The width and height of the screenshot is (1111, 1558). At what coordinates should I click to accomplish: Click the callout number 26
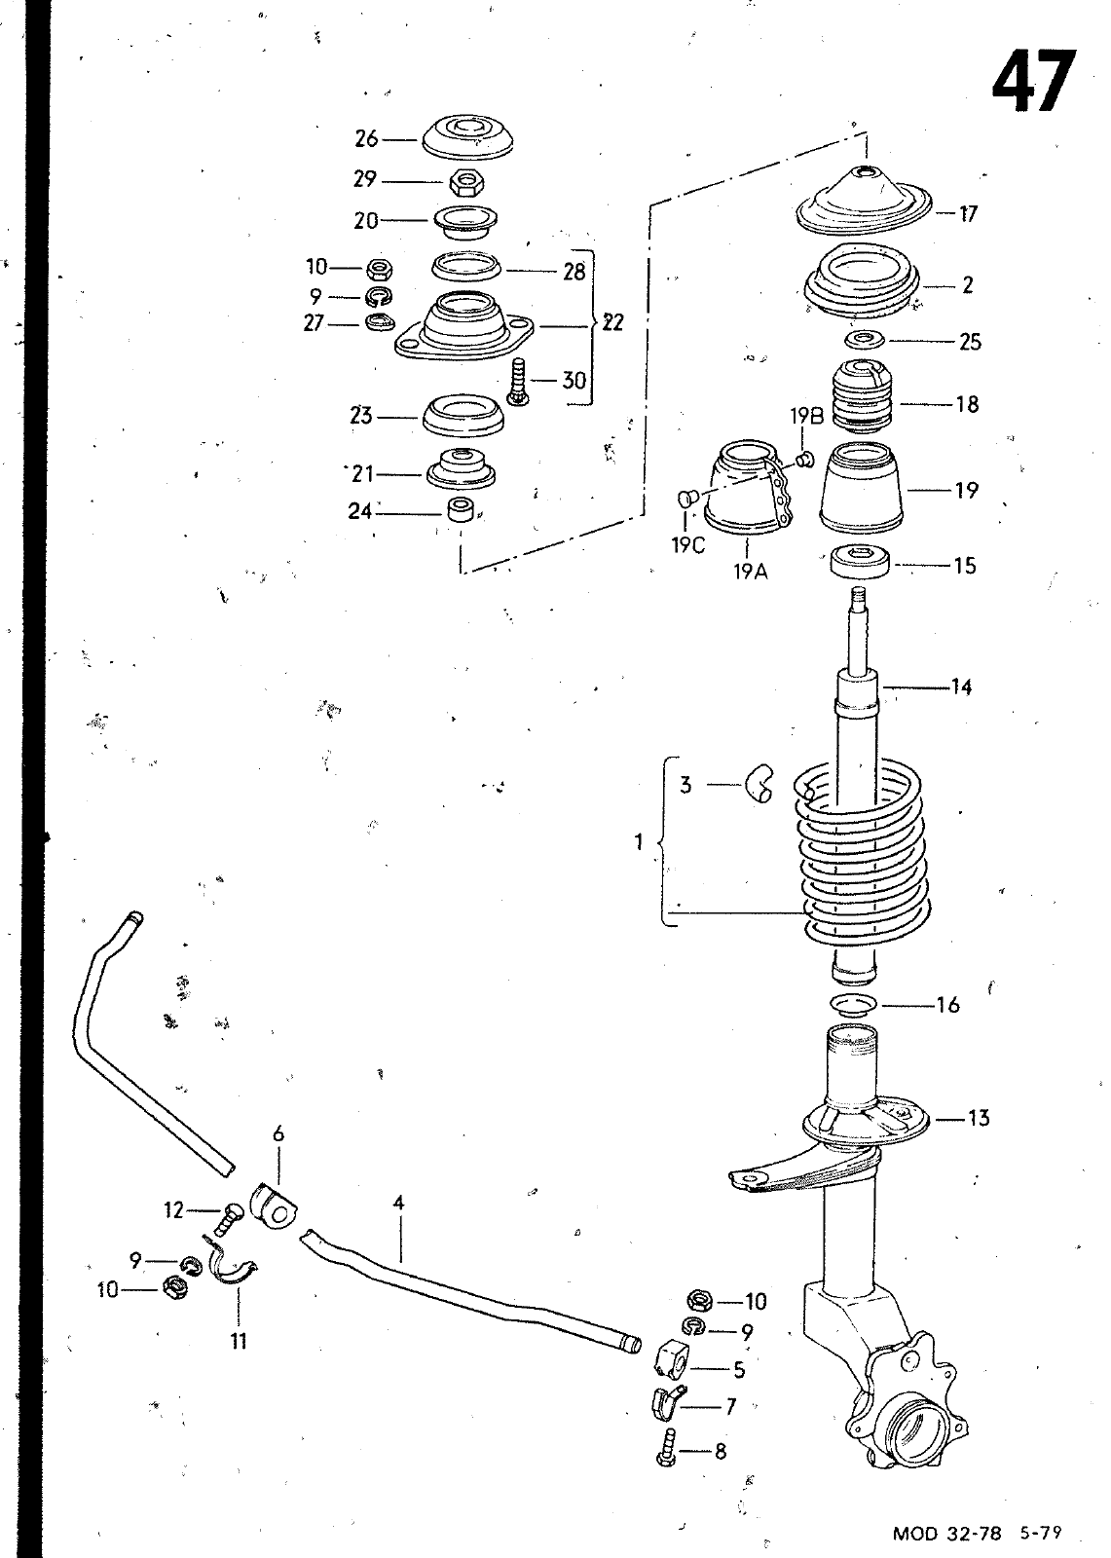click(366, 139)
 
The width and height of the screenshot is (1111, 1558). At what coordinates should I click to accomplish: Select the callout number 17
click(968, 213)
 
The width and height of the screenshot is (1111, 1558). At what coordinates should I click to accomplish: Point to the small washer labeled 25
click(864, 340)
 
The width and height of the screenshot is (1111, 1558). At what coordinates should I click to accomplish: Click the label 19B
click(806, 416)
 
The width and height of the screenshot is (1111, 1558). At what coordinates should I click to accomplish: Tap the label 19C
click(688, 545)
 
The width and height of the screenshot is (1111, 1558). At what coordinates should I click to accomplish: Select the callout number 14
click(961, 687)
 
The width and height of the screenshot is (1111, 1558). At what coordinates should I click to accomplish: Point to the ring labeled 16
click(855, 1005)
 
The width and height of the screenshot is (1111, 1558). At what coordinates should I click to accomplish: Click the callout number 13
click(978, 1118)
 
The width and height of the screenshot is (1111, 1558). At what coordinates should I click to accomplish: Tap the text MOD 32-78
click(946, 1533)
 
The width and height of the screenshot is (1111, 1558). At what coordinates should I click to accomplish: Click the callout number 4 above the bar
click(398, 1202)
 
